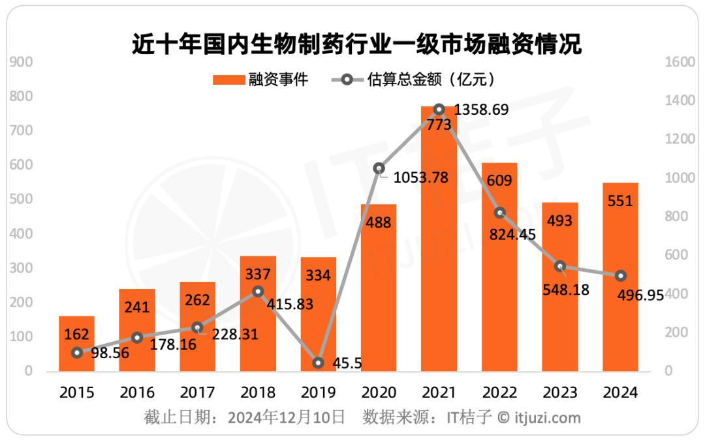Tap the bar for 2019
[318, 313]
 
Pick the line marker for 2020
[379, 168]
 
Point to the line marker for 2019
[318, 363]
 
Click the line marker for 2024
[620, 276]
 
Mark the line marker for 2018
[258, 291]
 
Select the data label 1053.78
[421, 177]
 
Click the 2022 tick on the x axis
[499, 393]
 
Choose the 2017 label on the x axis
[197, 393]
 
